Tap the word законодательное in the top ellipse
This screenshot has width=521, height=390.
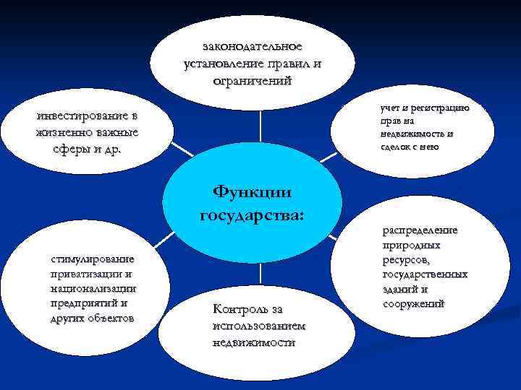tap(253, 47)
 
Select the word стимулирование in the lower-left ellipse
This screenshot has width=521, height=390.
tap(92, 259)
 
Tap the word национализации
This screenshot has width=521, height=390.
tap(93, 289)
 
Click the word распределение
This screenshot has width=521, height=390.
tap(420, 230)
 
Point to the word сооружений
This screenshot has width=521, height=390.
tap(413, 304)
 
